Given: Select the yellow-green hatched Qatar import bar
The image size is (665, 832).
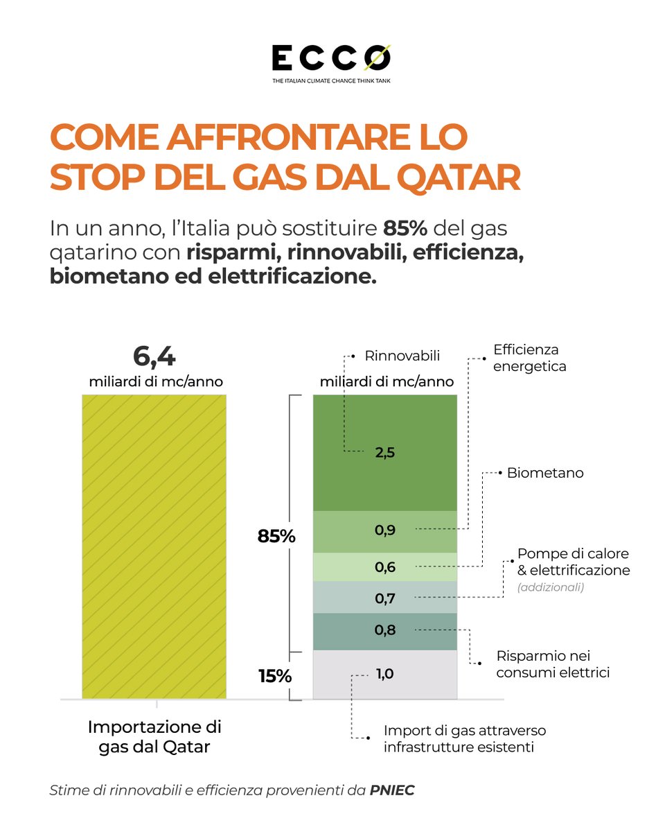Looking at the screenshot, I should (x=154, y=546).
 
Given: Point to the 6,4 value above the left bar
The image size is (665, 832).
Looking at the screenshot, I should (x=154, y=357).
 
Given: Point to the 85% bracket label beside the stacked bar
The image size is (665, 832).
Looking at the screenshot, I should (x=276, y=536).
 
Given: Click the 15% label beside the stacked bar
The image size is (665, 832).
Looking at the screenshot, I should (x=274, y=675).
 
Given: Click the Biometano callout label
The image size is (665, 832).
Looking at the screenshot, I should (x=544, y=474).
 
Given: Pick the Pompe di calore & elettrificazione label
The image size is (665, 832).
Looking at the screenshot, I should (x=574, y=563).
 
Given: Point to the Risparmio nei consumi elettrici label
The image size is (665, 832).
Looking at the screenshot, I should (x=553, y=664).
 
